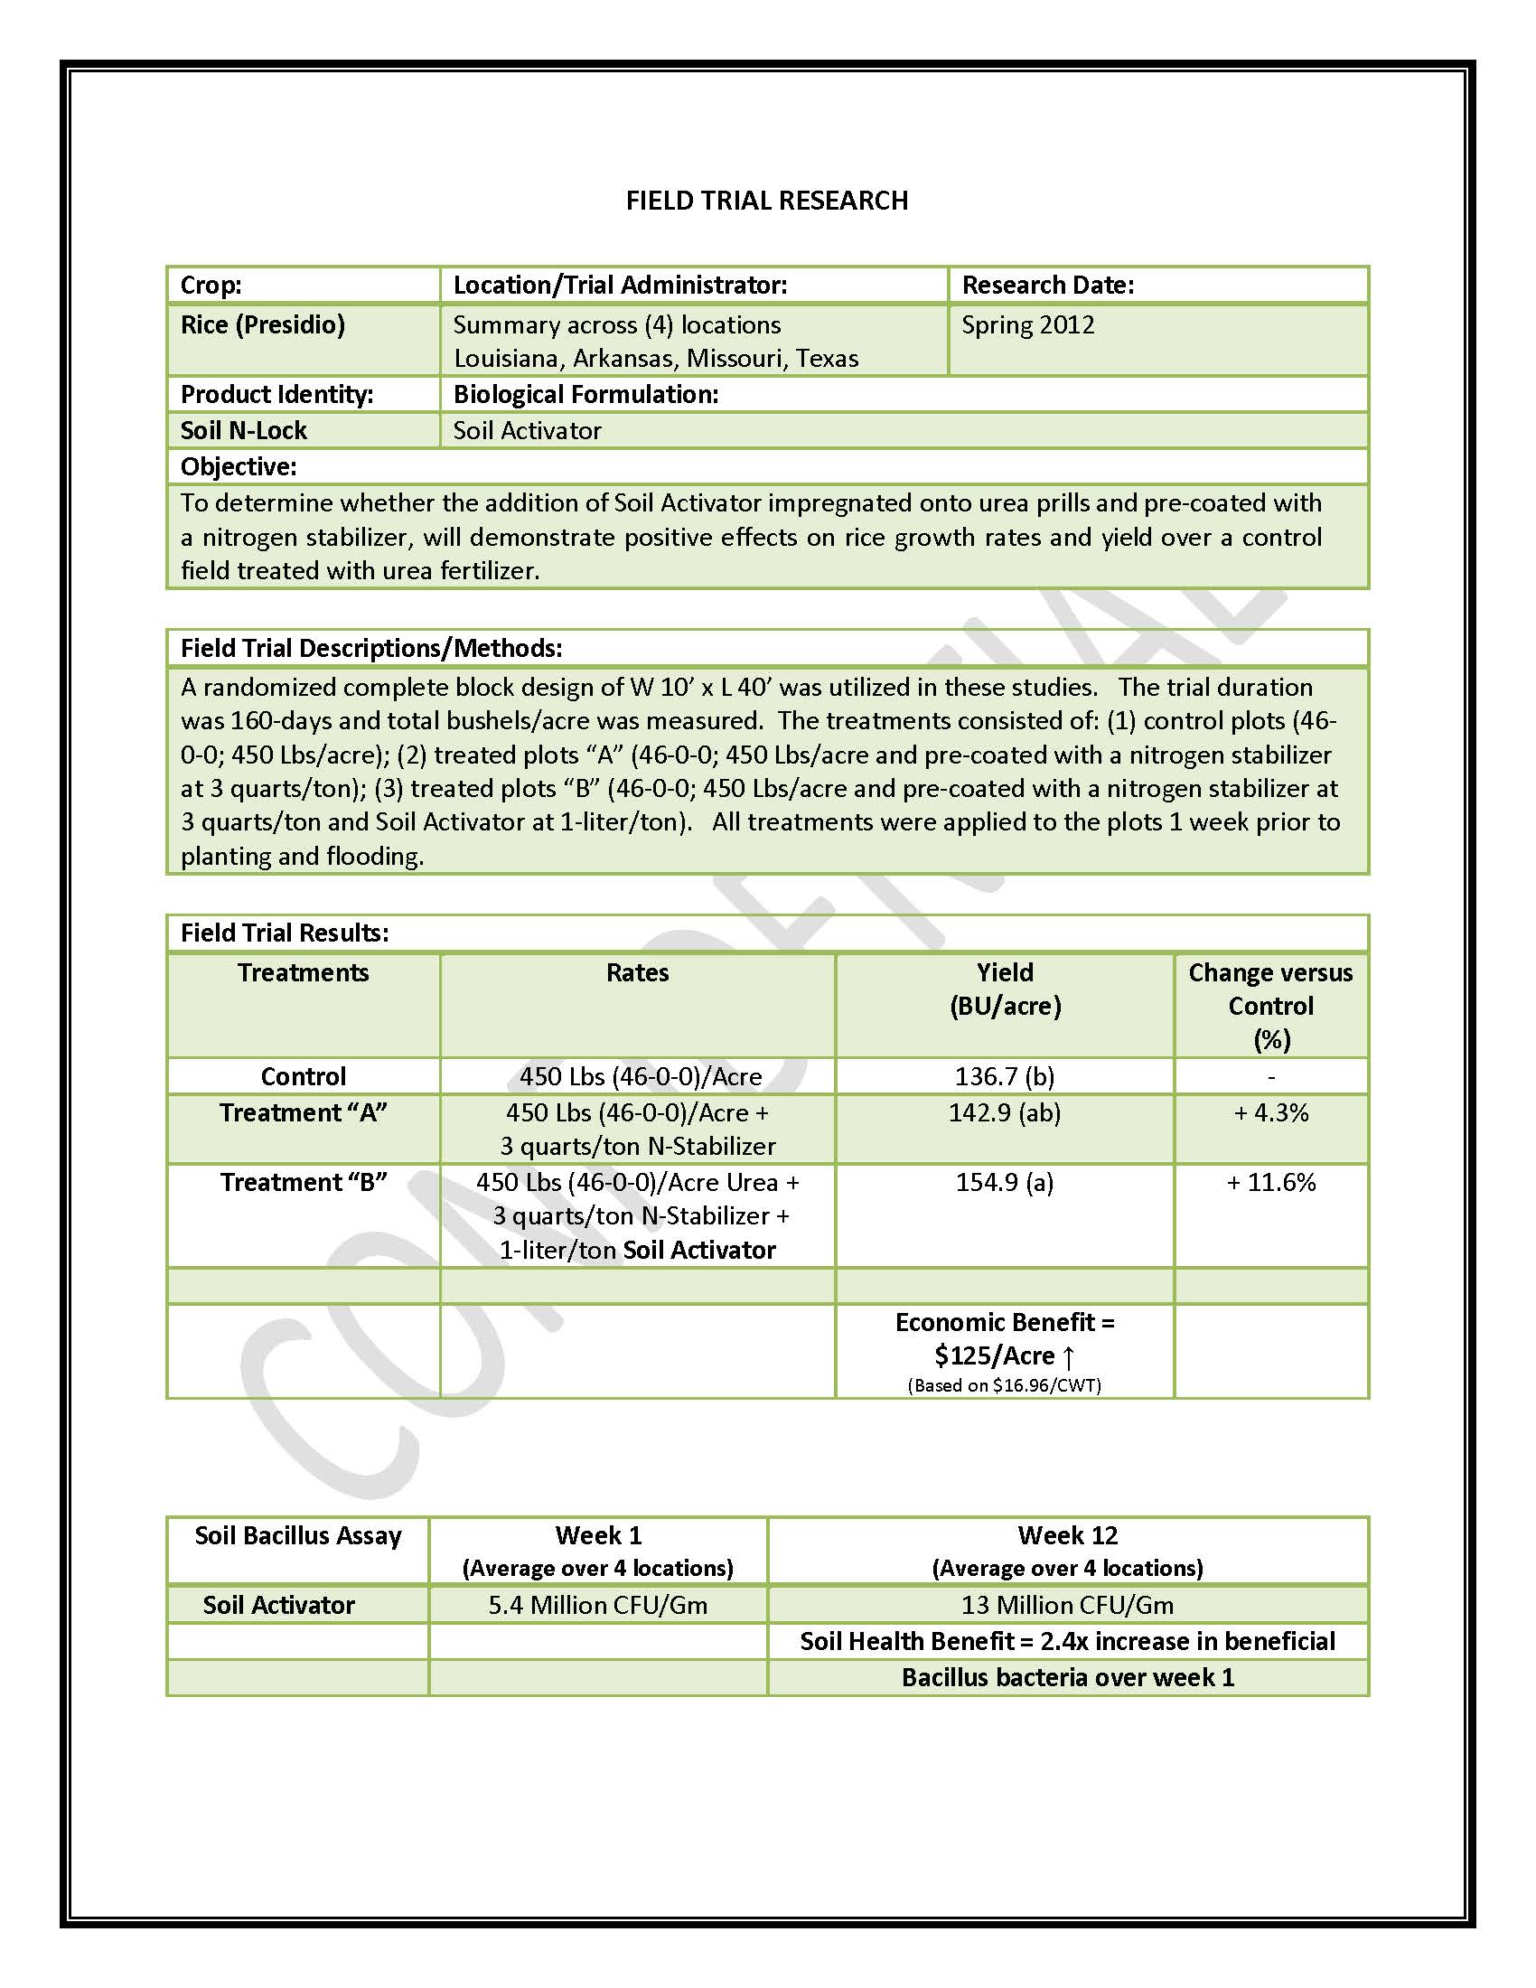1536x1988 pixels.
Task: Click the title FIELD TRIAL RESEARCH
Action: pyautogui.click(x=766, y=201)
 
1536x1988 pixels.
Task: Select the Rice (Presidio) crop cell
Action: pyautogui.click(x=263, y=325)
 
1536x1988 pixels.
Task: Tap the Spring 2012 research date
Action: pyautogui.click(x=1027, y=325)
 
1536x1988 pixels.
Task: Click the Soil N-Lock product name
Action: pyautogui.click(x=244, y=430)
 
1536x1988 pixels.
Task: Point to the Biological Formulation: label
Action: pyautogui.click(x=586, y=394)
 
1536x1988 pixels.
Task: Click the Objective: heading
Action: pyautogui.click(x=239, y=467)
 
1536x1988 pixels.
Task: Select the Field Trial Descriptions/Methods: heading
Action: pyautogui.click(x=371, y=648)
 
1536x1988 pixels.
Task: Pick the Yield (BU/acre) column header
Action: pyautogui.click(x=1005, y=989)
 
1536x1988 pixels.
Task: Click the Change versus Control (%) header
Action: pyautogui.click(x=1270, y=1006)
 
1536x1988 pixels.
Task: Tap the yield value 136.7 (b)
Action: pyautogui.click(x=1005, y=1077)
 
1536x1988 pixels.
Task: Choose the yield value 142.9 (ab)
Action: pyautogui.click(x=1005, y=1113)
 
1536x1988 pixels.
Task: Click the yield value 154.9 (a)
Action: pyautogui.click(x=1005, y=1183)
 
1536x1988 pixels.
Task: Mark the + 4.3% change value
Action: pyautogui.click(x=1270, y=1113)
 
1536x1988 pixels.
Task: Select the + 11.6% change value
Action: pyautogui.click(x=1270, y=1183)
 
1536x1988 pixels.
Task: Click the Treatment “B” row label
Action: pyautogui.click(x=303, y=1183)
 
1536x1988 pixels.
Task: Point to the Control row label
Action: pyautogui.click(x=303, y=1077)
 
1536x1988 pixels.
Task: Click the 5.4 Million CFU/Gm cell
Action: pyautogui.click(x=598, y=1605)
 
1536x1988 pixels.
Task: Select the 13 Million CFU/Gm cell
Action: pyautogui.click(x=1067, y=1605)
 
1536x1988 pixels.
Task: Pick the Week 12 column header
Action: pyautogui.click(x=1067, y=1535)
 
